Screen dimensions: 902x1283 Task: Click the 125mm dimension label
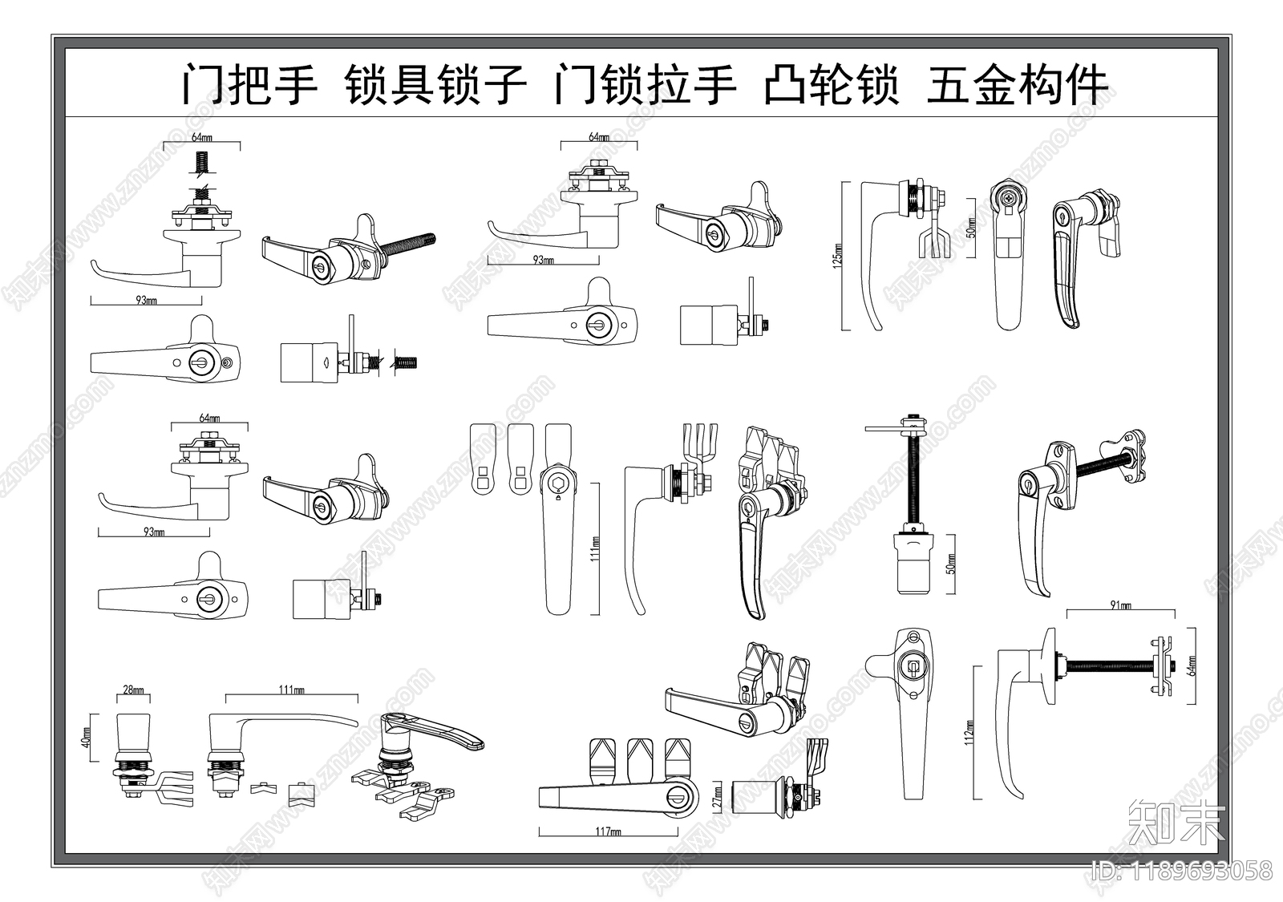[x=838, y=255]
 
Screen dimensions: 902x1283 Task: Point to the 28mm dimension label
[x=133, y=690]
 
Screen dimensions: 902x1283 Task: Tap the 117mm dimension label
[x=609, y=831]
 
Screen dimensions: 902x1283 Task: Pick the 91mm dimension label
[x=1120, y=606]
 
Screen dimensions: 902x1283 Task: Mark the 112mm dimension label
[x=969, y=731]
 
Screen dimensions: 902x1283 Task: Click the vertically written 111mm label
[x=595, y=548]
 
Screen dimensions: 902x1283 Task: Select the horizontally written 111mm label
[x=291, y=690]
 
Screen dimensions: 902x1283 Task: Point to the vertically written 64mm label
[x=1191, y=665]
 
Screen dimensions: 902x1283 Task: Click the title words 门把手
[x=249, y=85]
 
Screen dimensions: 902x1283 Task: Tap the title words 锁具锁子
[x=435, y=85]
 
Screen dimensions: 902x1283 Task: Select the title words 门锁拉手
[x=645, y=85]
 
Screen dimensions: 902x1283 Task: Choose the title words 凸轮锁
[x=831, y=85]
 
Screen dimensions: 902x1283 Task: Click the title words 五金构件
[x=1017, y=85]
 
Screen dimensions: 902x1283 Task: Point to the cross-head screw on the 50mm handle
[x=1006, y=196]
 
